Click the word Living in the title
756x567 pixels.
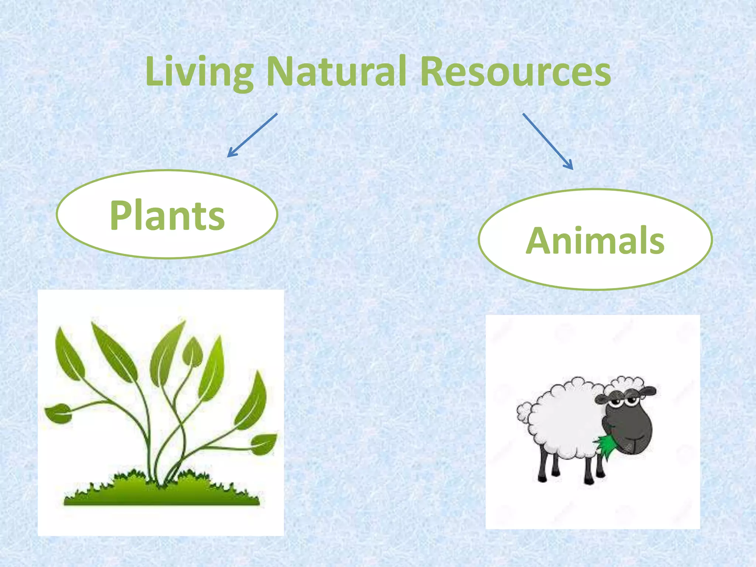pos(199,72)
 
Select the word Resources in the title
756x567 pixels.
pos(515,72)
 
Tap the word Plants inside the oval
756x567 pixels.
pos(167,216)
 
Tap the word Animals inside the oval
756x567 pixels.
pos(595,241)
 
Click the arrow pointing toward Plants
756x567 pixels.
pos(252,135)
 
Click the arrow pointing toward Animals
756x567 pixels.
pos(548,141)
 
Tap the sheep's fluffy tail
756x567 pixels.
pos(524,412)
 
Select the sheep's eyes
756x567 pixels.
pos(624,402)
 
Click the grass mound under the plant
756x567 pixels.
pos(162,493)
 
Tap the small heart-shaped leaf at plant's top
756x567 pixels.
pos(192,353)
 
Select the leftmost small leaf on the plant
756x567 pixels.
pos(58,413)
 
